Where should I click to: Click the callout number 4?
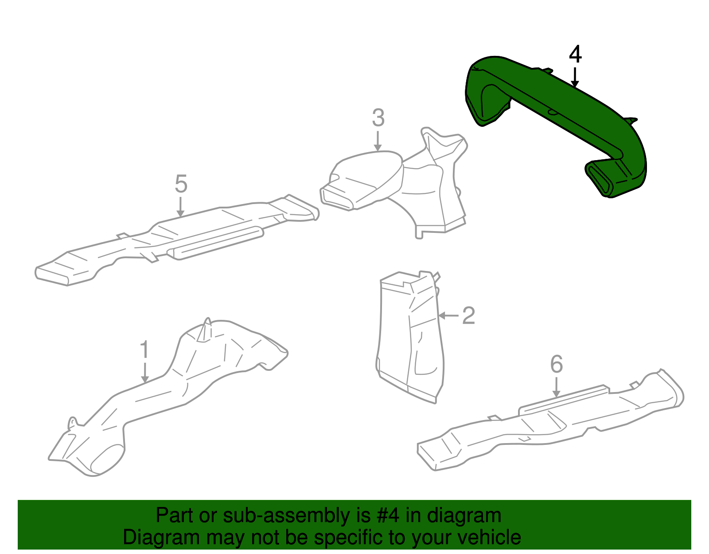(575, 54)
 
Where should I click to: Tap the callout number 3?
(378, 118)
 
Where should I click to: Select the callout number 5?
(181, 184)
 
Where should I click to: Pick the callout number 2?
(468, 316)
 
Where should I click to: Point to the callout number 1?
(144, 350)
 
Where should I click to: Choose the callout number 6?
(557, 364)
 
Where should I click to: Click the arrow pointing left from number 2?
(448, 316)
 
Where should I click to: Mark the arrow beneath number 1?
(145, 373)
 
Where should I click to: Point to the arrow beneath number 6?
(557, 387)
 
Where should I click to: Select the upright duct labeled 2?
(410, 337)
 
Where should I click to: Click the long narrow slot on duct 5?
(215, 243)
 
